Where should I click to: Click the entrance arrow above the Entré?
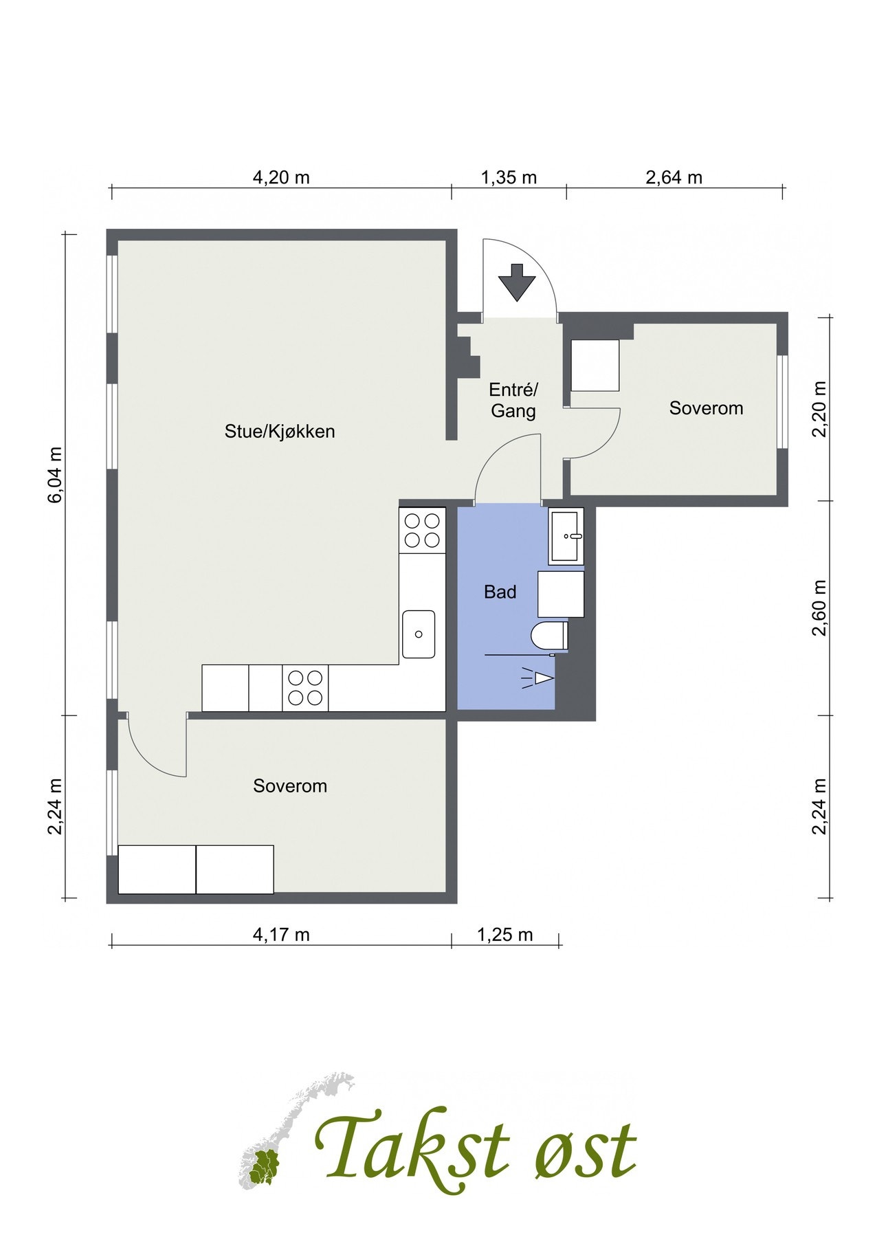(x=516, y=282)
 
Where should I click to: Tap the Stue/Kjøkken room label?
(x=280, y=432)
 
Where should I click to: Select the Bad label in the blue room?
(x=500, y=592)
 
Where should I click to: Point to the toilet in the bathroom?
(x=550, y=635)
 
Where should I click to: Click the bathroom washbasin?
(x=566, y=536)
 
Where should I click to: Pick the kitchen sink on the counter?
(x=419, y=634)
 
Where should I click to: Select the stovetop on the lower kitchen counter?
(x=305, y=688)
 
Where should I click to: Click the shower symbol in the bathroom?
(x=538, y=678)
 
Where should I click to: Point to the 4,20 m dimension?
(x=281, y=177)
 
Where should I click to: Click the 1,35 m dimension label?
(x=509, y=177)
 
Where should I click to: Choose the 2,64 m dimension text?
(x=674, y=177)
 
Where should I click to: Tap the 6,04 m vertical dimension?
(x=55, y=474)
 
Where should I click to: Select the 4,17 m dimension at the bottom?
(x=281, y=935)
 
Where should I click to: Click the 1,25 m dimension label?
(x=505, y=935)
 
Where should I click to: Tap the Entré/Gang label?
(x=513, y=401)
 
